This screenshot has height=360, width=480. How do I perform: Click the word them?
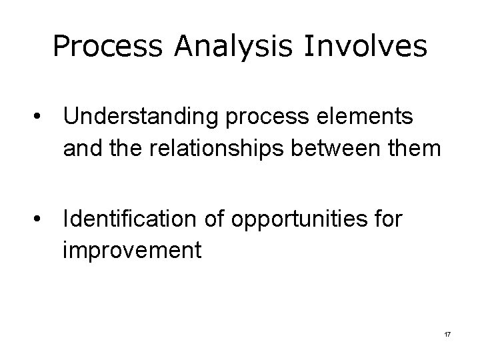[418, 148]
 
